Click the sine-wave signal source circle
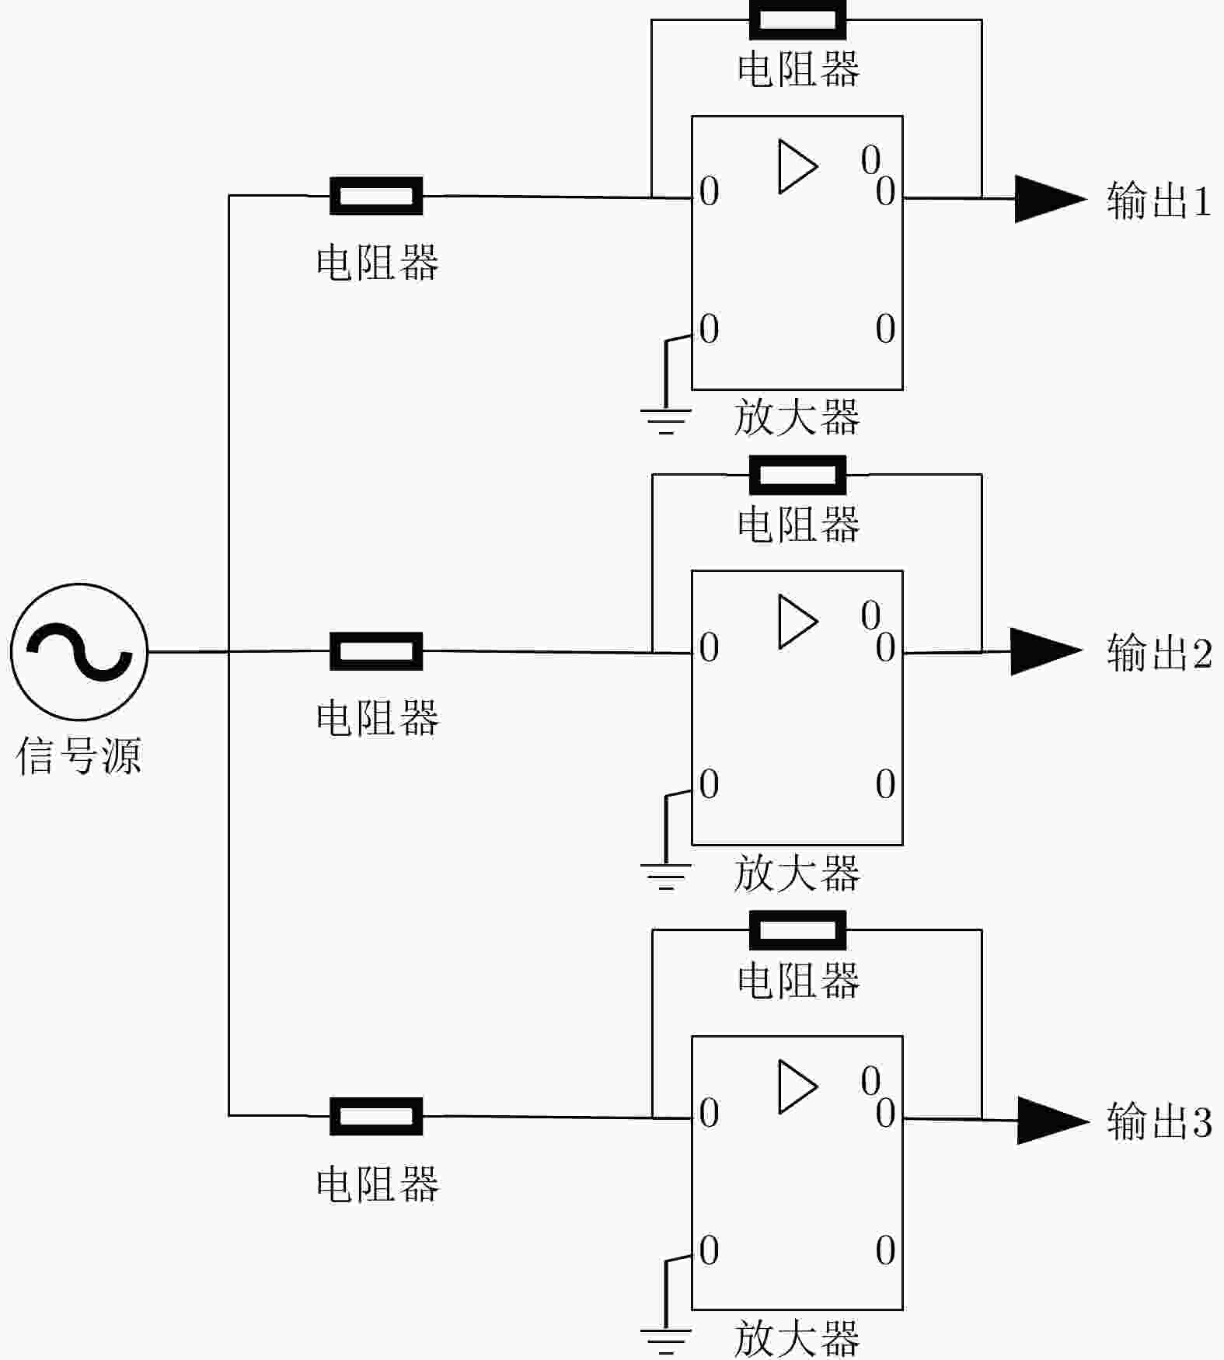[x=78, y=652]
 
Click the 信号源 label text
[x=78, y=755]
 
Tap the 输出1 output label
[x=1159, y=201]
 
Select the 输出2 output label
[x=1159, y=653]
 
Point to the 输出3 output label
[x=1159, y=1121]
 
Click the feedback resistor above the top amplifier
[x=797, y=19]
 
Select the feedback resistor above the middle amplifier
[x=797, y=475]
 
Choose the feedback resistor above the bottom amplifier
[x=797, y=930]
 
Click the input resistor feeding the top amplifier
[x=376, y=196]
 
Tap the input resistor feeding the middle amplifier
[x=376, y=651]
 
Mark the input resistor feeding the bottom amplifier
[x=376, y=1117]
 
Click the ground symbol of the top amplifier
[x=666, y=420]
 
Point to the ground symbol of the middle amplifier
[x=666, y=875]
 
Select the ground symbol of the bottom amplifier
[x=666, y=1341]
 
